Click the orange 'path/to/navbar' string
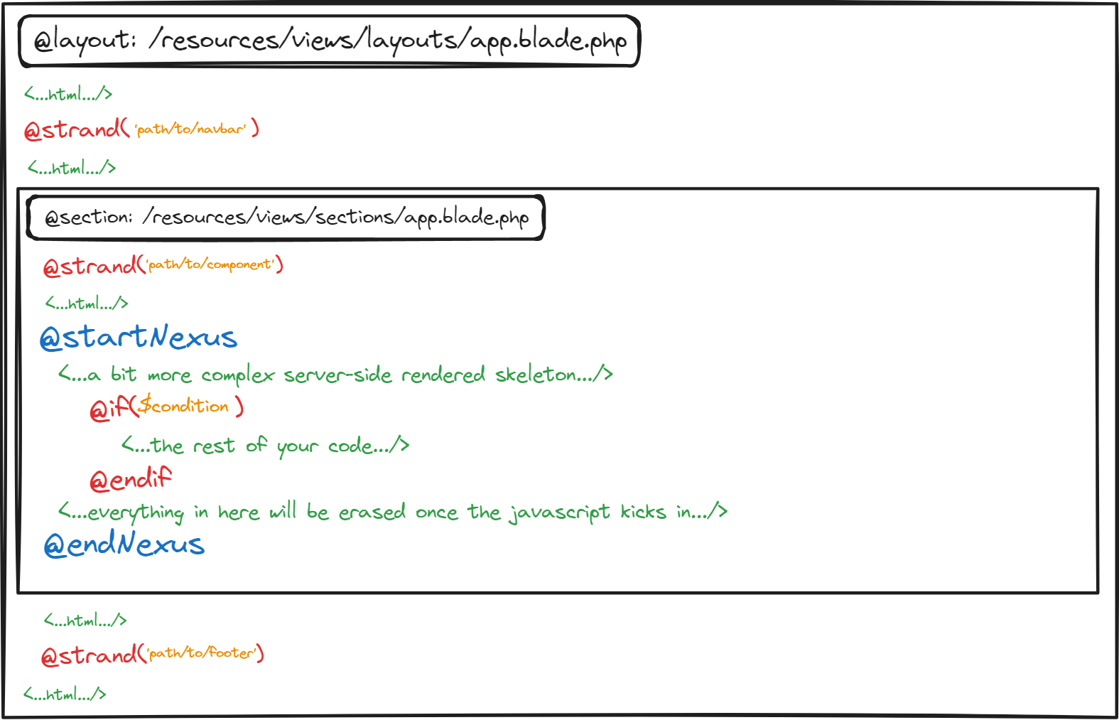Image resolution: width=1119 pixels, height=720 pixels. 191,129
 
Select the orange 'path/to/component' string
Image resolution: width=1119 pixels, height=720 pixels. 211,264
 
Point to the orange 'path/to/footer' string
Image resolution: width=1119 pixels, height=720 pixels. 202,652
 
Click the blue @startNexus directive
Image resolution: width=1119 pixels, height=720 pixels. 139,337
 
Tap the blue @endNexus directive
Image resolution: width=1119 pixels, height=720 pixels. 124,543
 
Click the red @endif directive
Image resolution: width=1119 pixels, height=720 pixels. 131,479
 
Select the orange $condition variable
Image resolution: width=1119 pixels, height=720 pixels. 183,404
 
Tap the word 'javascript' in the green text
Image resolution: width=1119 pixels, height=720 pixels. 560,512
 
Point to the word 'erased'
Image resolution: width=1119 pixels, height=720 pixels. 372,512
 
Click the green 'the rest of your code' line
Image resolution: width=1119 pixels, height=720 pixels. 265,445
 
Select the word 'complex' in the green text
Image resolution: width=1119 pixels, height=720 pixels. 238,375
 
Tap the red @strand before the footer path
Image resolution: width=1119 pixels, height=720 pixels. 90,655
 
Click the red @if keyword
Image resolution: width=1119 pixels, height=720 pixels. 109,408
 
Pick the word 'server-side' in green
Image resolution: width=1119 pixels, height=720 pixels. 337,375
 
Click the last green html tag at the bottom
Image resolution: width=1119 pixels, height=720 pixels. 65,694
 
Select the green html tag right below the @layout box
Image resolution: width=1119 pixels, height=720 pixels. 68,93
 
